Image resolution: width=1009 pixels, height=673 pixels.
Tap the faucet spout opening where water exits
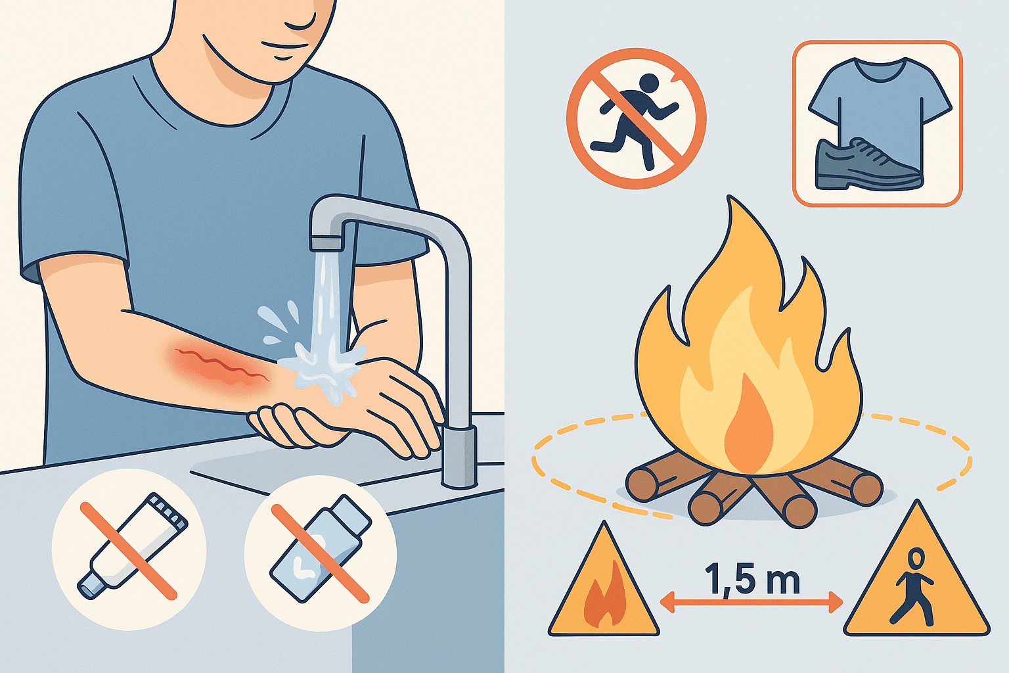(326, 244)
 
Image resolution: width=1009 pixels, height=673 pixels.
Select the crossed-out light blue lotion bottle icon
(321, 549)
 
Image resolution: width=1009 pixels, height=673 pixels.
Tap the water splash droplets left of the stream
(276, 321)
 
